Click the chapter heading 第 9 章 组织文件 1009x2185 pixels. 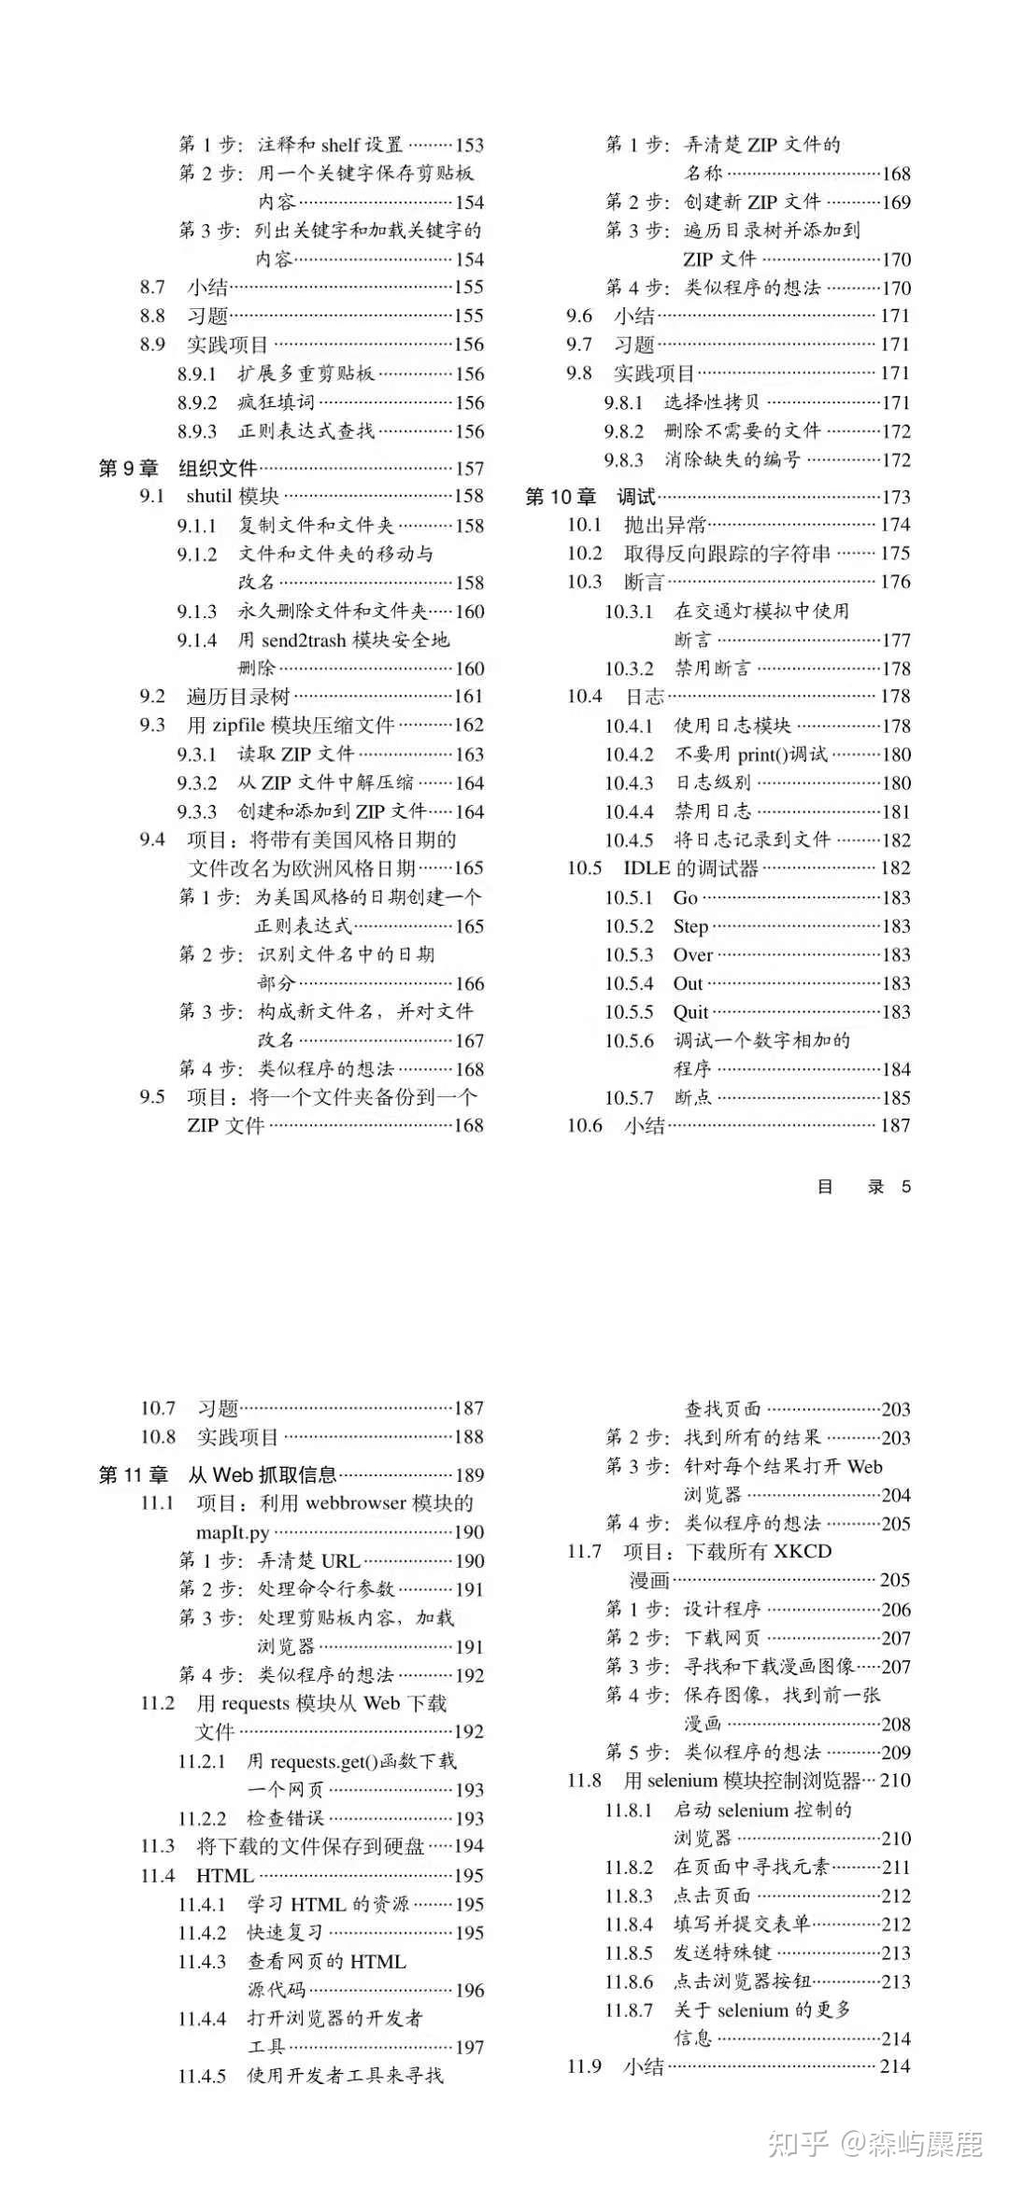point(178,468)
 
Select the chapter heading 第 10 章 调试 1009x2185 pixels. point(590,497)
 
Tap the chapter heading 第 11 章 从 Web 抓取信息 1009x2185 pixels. point(217,1474)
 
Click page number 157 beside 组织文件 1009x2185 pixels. point(469,469)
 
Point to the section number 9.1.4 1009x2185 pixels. point(197,640)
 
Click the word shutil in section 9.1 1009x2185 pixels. point(208,496)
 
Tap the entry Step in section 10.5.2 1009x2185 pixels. point(690,926)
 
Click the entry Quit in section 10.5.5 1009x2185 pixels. point(690,1012)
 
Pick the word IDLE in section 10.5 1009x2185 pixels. point(647,868)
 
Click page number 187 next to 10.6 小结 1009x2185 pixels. point(895,1125)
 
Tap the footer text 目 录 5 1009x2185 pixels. point(863,1187)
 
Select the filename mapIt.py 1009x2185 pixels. point(233,1531)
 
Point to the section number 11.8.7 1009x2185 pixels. point(629,2009)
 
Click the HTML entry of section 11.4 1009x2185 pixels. point(225,1875)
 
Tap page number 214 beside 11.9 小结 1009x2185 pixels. point(895,2066)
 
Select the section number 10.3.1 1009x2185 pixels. point(629,612)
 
